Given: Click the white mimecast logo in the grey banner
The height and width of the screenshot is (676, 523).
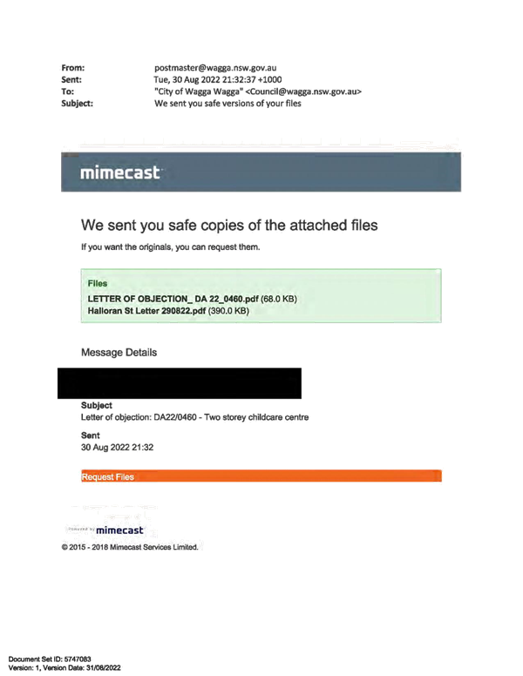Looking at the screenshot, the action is click(120, 172).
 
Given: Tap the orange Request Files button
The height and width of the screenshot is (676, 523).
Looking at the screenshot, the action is click(261, 476).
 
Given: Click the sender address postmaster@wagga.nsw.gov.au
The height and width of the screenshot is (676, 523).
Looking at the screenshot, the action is click(215, 68).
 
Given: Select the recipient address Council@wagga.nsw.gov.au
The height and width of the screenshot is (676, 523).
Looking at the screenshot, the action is click(304, 91).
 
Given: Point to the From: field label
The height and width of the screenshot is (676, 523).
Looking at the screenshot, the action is click(73, 68).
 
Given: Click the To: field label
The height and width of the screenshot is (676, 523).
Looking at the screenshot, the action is click(67, 91).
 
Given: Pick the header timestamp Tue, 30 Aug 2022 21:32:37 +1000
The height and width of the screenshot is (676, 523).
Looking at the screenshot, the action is click(218, 80).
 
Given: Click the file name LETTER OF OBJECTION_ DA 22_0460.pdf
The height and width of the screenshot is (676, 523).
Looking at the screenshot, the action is click(173, 299).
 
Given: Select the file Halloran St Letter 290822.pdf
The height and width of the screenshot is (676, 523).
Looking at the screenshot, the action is click(146, 311).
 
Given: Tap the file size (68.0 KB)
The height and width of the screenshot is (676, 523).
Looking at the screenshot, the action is click(279, 299).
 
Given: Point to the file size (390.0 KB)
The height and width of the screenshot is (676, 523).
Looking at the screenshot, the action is click(228, 311).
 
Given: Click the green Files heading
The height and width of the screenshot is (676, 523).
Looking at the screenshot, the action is click(98, 283).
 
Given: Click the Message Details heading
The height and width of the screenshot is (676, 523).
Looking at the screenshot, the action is click(119, 352).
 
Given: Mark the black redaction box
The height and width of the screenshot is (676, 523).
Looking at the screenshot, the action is click(180, 383).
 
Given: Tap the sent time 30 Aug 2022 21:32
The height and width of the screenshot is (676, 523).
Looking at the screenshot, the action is click(117, 448).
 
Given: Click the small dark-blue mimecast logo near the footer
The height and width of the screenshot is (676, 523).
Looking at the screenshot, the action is click(119, 531).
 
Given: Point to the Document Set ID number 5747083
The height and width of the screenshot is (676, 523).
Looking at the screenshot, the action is click(78, 659).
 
